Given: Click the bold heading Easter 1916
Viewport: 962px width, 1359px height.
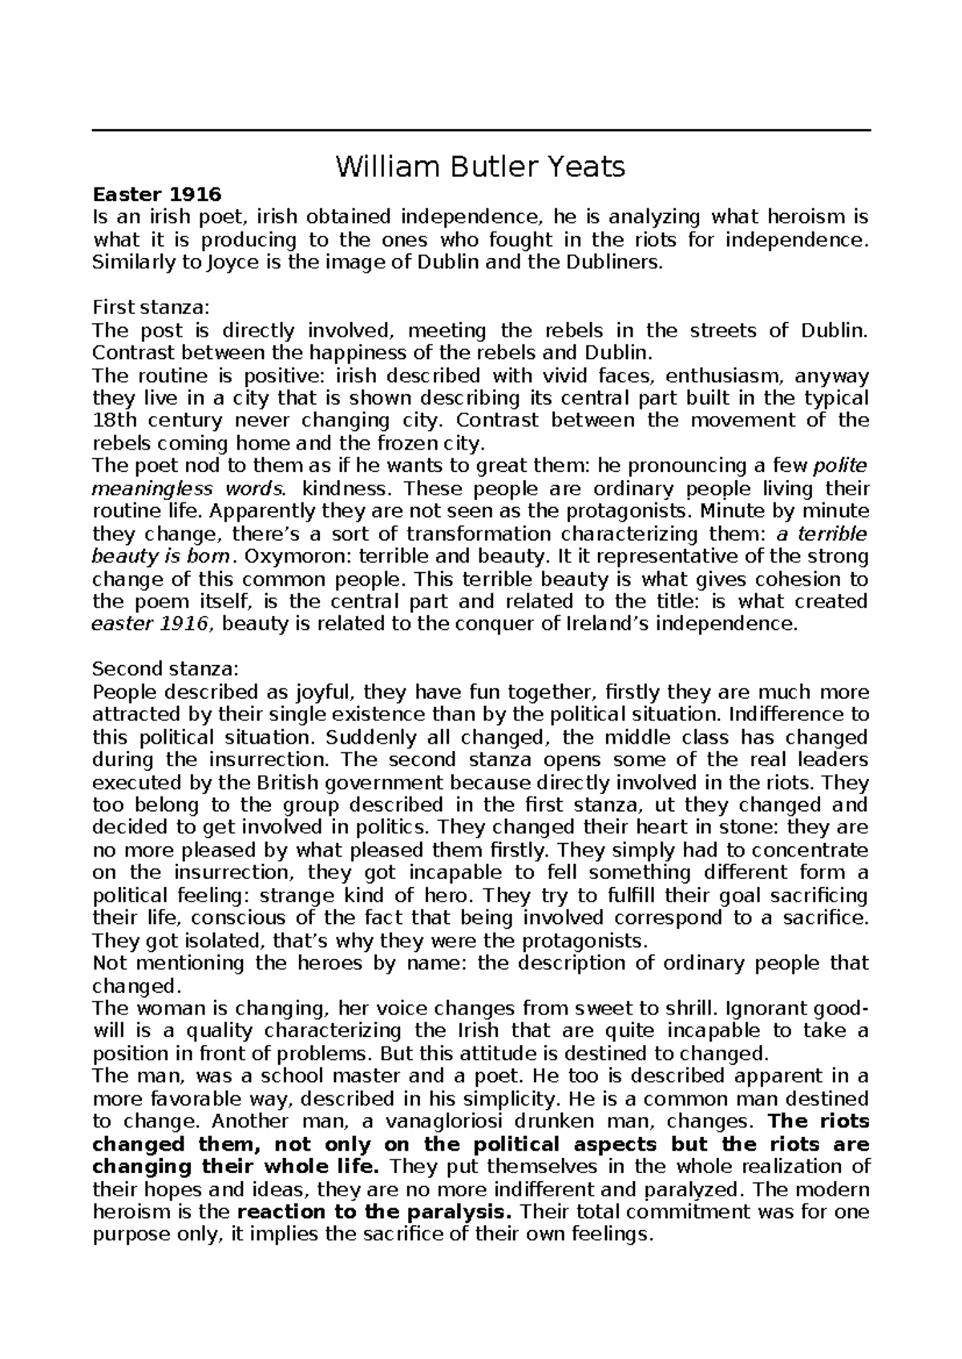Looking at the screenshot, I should pos(156,194).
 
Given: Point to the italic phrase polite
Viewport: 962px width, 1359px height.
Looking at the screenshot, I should pos(839,466).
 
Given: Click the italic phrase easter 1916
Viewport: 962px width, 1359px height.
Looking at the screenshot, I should pos(152,623).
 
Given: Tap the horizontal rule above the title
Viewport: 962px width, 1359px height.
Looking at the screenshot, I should pos(481,131).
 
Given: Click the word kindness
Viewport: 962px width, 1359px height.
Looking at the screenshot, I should pos(351,489).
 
